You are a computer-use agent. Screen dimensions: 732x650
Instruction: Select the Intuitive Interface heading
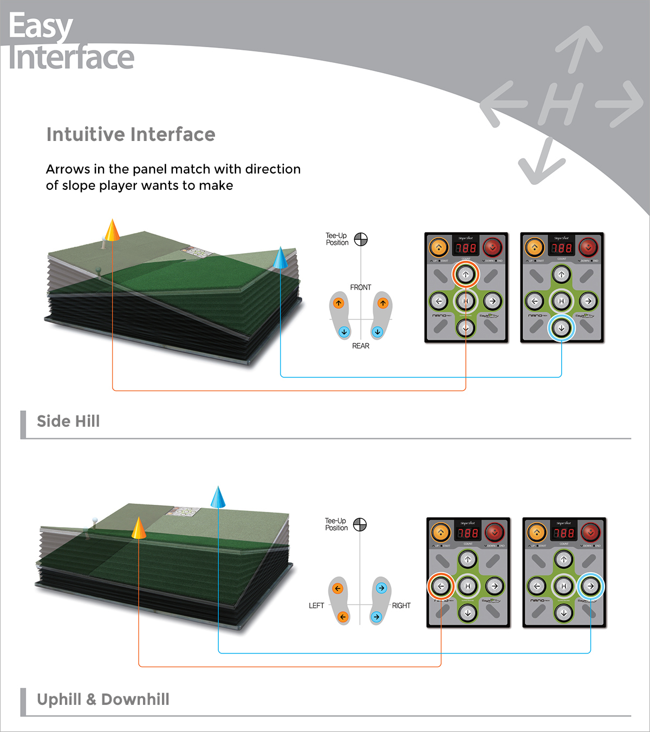[131, 134]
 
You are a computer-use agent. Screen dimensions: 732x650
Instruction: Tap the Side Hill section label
[68, 421]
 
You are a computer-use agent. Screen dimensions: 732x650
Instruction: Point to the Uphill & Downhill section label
[103, 699]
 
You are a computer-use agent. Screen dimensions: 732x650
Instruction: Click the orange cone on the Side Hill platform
[112, 230]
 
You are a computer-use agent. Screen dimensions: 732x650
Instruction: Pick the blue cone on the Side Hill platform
[280, 259]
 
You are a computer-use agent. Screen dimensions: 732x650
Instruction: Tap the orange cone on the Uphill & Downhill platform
[139, 528]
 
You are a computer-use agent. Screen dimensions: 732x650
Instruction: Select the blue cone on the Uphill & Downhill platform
[218, 498]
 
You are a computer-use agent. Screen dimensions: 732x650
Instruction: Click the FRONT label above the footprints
[361, 287]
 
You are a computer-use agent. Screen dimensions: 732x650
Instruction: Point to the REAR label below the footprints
[361, 346]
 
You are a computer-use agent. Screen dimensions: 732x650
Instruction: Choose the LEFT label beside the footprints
[316, 606]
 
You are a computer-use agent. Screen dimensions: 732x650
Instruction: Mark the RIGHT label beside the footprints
[401, 606]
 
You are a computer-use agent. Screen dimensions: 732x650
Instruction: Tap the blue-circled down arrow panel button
[562, 328]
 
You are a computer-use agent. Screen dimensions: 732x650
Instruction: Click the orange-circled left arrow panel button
[441, 586]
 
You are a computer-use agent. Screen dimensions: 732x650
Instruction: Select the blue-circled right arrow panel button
[590, 586]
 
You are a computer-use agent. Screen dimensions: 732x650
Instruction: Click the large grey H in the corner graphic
[561, 104]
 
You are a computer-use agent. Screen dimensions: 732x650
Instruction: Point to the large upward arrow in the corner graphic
[578, 49]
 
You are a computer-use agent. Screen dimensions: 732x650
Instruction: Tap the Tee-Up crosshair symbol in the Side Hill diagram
[361, 239]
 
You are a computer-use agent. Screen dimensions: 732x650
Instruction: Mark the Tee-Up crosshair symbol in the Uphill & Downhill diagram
[360, 524]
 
